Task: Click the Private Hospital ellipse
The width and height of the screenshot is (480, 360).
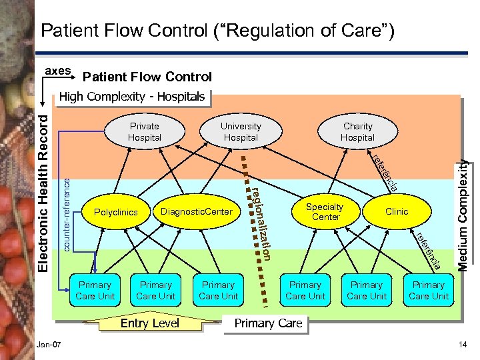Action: [x=145, y=131]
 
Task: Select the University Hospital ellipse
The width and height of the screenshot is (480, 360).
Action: [x=241, y=131]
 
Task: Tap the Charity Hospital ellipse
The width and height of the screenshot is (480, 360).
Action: [x=357, y=131]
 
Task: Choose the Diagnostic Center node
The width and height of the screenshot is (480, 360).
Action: [x=197, y=212]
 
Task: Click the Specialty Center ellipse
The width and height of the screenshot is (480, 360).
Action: [x=325, y=212]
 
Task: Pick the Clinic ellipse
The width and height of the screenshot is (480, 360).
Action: [x=397, y=211]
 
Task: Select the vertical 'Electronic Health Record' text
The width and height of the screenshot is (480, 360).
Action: [x=42, y=190]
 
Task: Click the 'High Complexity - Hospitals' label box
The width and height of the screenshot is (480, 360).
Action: [x=132, y=97]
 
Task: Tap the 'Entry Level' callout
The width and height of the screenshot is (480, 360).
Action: [x=150, y=323]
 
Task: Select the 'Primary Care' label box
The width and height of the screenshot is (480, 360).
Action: [x=268, y=323]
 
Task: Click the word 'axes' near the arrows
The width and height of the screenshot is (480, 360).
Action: [x=57, y=70]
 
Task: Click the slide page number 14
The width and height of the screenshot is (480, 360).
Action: [x=463, y=344]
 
